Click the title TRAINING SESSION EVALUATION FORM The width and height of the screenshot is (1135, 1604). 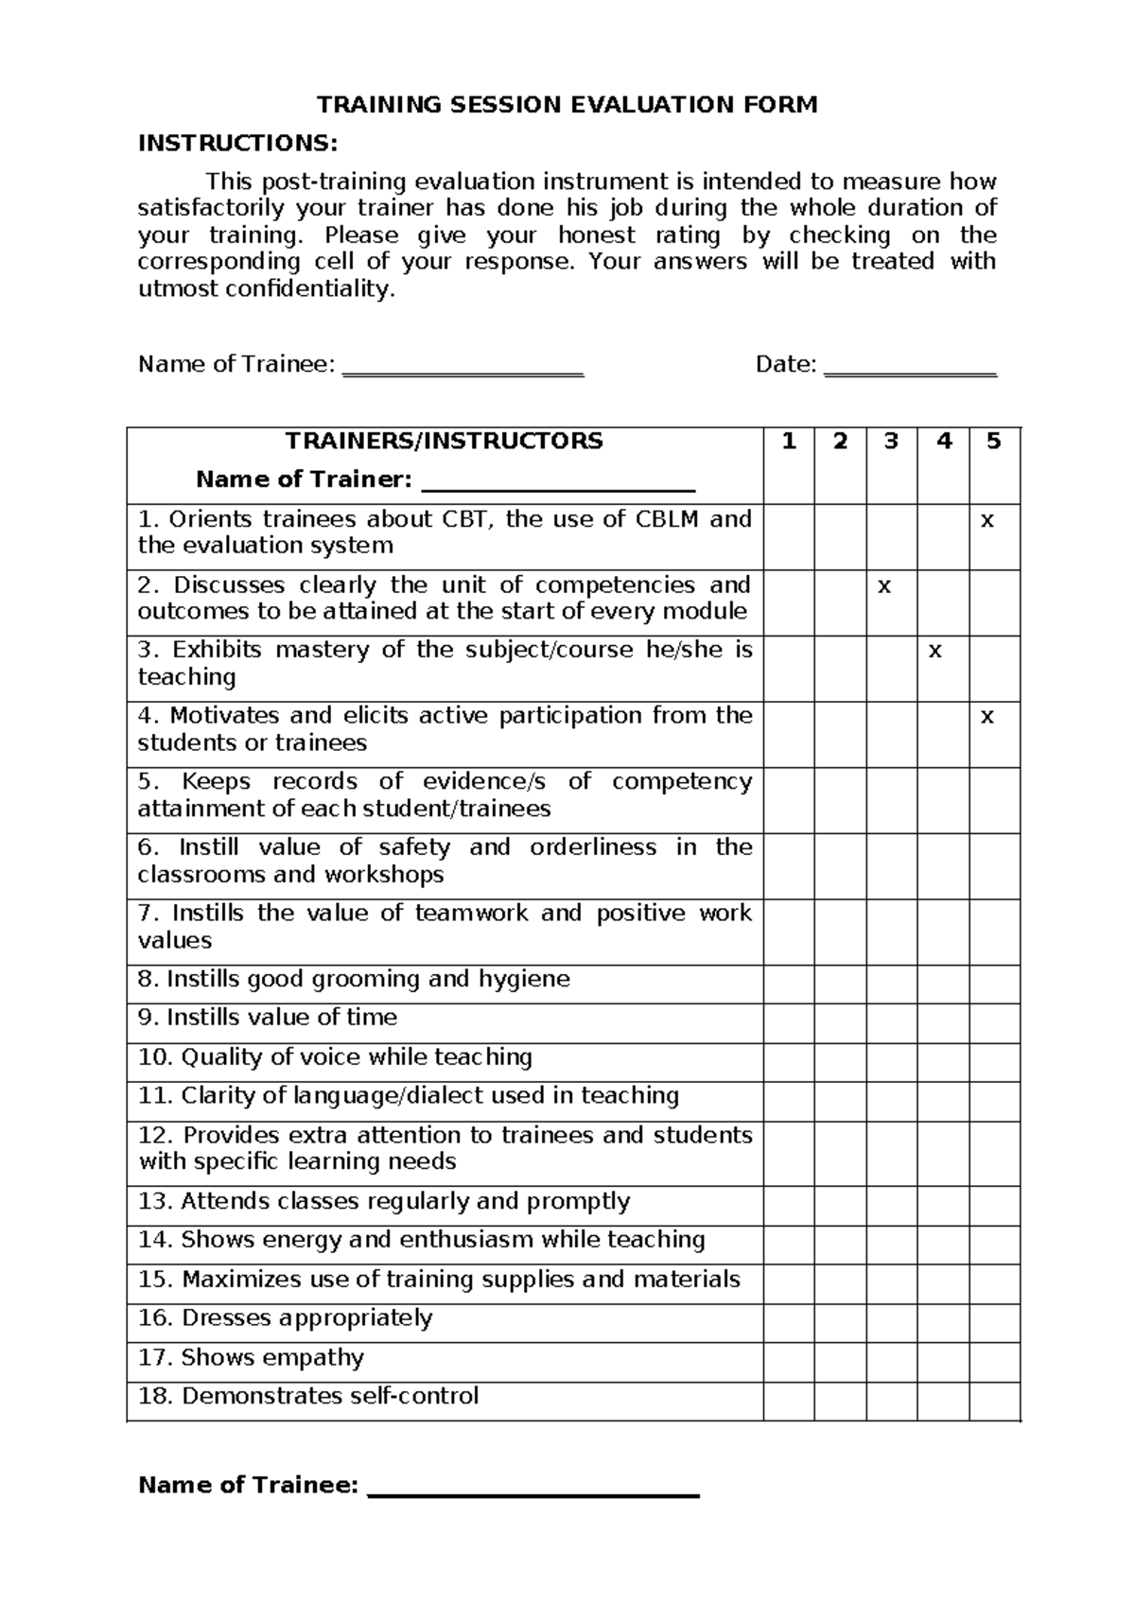coord(567,105)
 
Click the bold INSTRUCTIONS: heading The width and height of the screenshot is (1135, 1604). coord(237,144)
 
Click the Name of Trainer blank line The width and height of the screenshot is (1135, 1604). coord(558,484)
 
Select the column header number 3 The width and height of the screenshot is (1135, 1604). coord(891,442)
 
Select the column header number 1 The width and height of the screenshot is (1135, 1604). coord(789,442)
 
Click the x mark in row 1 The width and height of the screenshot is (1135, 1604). coord(987,521)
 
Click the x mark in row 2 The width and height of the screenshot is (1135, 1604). coord(884,586)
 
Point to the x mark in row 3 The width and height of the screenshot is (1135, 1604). coord(935,652)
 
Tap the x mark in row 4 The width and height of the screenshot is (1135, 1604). coord(987,717)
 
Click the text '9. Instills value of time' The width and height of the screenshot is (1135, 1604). coord(268,1018)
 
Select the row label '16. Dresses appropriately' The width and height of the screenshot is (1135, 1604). coord(285,1318)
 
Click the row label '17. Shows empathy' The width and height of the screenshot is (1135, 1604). coord(251,1358)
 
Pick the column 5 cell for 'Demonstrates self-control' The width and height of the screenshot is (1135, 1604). coord(994,1401)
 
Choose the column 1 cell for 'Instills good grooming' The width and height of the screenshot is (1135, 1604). coord(789,984)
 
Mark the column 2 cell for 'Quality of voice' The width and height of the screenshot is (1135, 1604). coord(840,1062)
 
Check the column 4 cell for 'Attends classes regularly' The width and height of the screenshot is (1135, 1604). coord(943,1206)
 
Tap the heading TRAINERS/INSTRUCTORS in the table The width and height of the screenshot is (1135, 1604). coord(445,442)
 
